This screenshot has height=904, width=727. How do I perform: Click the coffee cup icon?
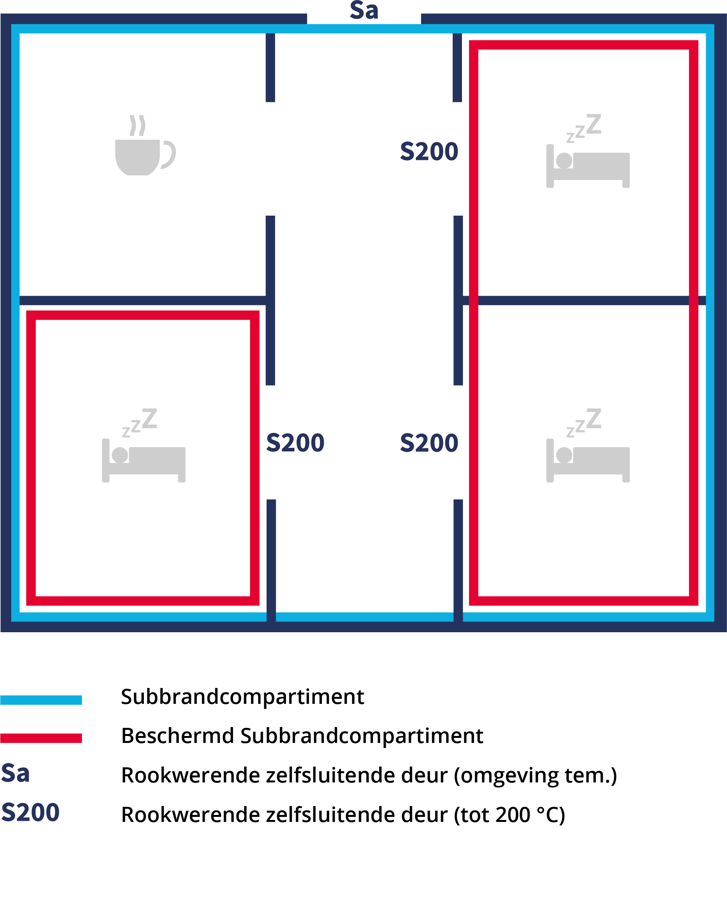(x=145, y=145)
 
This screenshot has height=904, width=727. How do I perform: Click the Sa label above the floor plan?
(x=364, y=10)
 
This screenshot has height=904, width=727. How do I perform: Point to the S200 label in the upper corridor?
(x=429, y=151)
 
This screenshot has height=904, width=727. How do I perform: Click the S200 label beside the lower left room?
(x=296, y=443)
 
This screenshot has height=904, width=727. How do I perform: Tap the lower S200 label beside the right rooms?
(x=429, y=443)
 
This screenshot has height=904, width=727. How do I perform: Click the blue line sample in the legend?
(x=41, y=700)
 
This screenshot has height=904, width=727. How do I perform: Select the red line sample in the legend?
(x=41, y=738)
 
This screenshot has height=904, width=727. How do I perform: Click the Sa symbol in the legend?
(x=15, y=773)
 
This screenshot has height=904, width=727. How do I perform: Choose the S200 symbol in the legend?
(x=30, y=812)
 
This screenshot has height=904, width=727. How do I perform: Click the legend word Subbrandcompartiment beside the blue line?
(x=242, y=697)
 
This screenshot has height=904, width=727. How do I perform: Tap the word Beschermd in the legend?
(x=177, y=736)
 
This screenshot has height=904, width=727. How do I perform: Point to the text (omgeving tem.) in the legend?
(x=535, y=775)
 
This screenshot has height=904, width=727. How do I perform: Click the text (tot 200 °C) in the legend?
(x=510, y=815)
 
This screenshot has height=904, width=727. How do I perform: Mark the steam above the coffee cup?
(x=137, y=125)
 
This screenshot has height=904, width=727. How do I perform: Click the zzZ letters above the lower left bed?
(x=140, y=423)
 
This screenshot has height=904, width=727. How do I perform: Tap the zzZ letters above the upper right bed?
(x=584, y=128)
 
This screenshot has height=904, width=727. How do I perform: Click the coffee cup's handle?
(x=168, y=155)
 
